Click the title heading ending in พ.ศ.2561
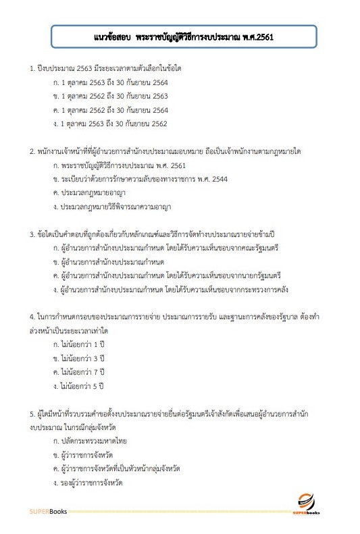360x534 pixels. coord(183,37)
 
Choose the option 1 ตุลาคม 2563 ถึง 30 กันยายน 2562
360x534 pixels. coord(105,124)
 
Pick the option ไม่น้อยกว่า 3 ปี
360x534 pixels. coord(82,358)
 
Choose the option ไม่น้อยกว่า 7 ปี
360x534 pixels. coord(82,371)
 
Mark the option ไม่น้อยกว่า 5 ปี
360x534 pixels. coord(82,385)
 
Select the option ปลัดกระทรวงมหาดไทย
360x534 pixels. coord(95,441)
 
